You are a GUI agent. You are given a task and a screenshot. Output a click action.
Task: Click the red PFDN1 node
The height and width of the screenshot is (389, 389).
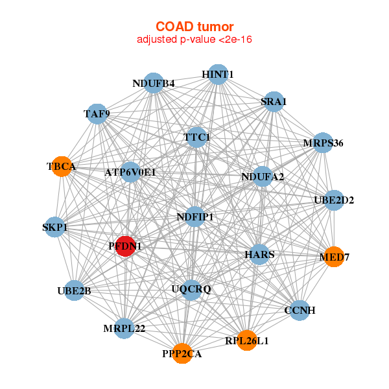click(x=125, y=246)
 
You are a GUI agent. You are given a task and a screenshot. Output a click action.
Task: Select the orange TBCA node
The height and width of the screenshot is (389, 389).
click(x=62, y=167)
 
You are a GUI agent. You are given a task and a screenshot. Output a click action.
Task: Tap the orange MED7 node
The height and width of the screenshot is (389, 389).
click(x=334, y=257)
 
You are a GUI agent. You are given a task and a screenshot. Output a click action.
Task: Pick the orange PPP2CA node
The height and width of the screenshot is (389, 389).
click(x=182, y=353)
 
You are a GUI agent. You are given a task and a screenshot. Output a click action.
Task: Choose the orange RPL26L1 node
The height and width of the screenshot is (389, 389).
click(x=247, y=340)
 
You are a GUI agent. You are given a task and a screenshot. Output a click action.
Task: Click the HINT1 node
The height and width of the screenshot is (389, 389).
click(x=218, y=75)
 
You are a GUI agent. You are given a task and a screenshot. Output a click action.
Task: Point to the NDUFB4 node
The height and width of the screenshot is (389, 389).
click(x=154, y=83)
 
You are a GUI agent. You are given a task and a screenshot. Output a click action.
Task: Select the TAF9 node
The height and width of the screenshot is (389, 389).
click(x=97, y=114)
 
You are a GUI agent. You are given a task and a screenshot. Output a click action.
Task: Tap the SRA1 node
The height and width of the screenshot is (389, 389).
click(x=274, y=101)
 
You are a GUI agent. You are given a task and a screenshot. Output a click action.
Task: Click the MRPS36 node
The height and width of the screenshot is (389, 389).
click(x=323, y=143)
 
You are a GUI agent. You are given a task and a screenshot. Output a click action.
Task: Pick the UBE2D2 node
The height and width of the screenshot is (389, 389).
click(x=334, y=200)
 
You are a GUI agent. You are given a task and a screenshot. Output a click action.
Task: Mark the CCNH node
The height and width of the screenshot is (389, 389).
click(x=300, y=310)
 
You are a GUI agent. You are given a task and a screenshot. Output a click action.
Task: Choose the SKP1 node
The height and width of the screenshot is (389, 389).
click(x=55, y=228)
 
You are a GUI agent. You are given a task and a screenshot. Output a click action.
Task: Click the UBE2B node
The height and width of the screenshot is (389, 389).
click(x=74, y=290)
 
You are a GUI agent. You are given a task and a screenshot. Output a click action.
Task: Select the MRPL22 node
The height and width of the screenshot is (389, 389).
click(x=124, y=328)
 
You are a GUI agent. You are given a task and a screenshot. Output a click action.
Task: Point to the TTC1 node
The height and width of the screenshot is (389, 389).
click(x=196, y=137)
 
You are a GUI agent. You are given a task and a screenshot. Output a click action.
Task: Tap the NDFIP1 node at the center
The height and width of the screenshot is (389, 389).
click(x=195, y=217)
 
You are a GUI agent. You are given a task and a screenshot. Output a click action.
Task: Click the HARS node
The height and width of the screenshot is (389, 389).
click(x=259, y=255)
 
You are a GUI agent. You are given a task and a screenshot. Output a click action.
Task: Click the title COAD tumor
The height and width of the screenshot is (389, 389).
click(x=194, y=27)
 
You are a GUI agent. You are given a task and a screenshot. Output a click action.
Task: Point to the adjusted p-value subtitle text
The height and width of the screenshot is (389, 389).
click(x=194, y=40)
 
